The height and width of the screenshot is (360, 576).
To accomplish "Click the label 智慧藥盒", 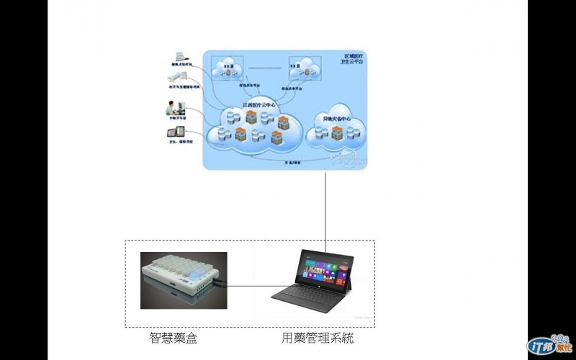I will click(171, 337).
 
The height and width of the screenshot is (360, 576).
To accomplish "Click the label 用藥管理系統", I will click(317, 337).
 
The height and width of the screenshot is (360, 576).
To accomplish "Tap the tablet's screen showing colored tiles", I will click(328, 273).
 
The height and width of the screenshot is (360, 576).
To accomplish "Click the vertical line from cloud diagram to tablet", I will click(326, 209).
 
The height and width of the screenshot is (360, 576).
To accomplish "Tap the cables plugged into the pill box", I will click(219, 284).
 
